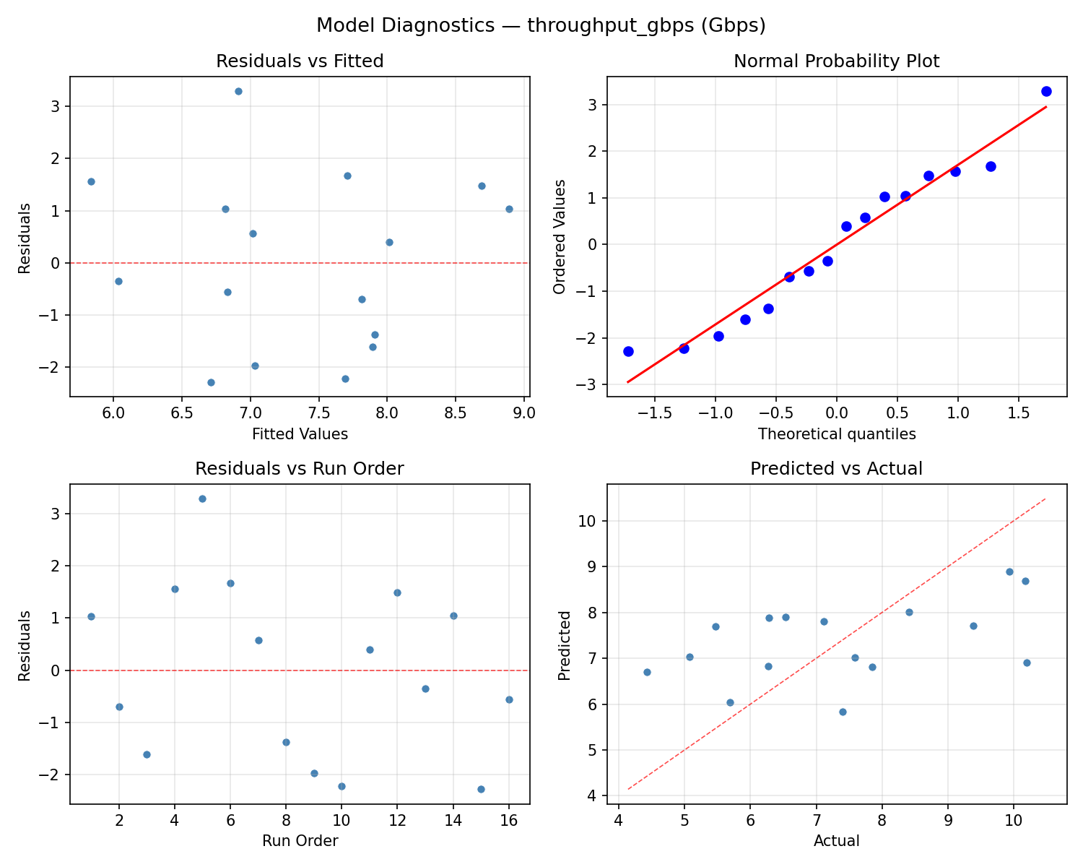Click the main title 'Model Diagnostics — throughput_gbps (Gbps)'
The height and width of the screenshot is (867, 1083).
coord(541,25)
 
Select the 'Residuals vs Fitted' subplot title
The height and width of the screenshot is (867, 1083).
coord(300,61)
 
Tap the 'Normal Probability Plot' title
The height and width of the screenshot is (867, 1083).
coord(836,61)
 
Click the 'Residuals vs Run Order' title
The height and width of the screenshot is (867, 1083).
coord(300,469)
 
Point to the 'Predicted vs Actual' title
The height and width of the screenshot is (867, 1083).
coord(836,469)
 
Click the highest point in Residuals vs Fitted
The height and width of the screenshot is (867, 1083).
coord(238,91)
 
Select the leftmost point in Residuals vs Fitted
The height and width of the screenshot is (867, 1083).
coord(91,181)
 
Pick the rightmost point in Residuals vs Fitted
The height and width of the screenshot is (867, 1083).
coord(509,209)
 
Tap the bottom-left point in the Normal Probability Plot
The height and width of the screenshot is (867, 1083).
coord(628,351)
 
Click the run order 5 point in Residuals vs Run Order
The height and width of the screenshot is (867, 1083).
coord(202,499)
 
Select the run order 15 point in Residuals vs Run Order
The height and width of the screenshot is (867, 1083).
coord(481,789)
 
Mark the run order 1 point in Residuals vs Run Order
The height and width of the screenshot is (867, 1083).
coord(91,616)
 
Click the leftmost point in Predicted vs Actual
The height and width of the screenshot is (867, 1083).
coord(647,672)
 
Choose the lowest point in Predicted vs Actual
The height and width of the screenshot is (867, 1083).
coord(843,712)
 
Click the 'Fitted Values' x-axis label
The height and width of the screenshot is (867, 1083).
coord(300,434)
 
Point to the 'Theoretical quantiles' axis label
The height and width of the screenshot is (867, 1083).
coord(836,434)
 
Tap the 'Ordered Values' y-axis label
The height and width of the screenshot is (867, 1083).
coord(560,236)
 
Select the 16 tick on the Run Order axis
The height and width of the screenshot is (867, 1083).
coord(509,820)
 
